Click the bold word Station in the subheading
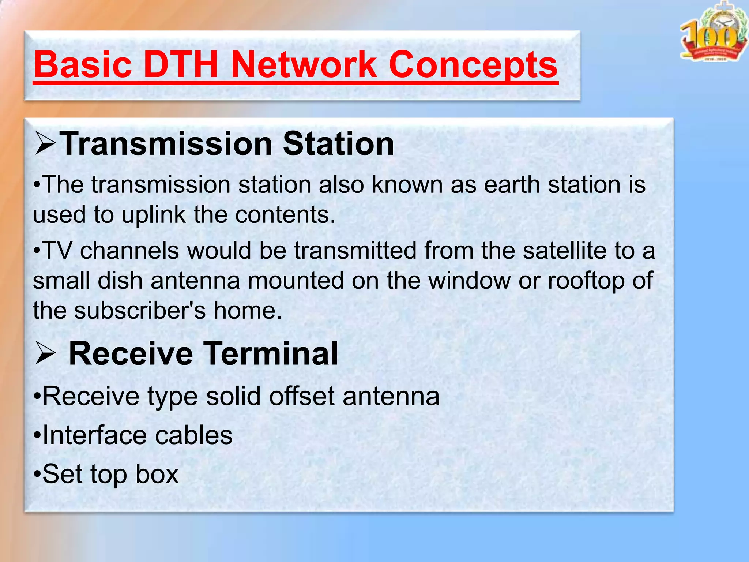(338, 144)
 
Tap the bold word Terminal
(271, 353)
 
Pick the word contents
(285, 215)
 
